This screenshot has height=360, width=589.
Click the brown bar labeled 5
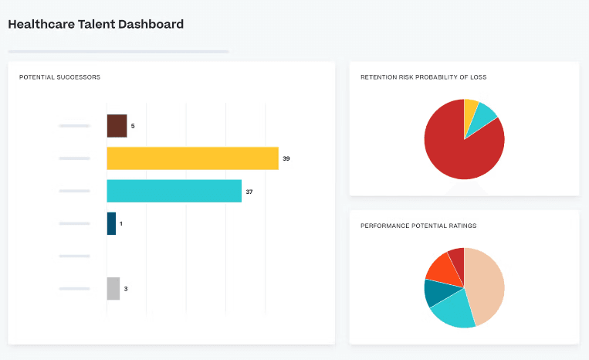117,126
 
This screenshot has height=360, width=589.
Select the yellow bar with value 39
192,158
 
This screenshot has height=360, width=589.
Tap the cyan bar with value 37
174,191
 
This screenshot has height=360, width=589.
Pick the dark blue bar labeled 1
111,223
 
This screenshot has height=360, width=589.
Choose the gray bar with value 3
113,288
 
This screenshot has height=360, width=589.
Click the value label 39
286,158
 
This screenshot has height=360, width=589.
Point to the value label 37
271,191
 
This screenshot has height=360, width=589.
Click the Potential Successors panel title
59,77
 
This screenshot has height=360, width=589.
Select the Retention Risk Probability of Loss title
423,77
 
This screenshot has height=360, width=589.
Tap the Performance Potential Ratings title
418,226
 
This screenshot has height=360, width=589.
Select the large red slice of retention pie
459,151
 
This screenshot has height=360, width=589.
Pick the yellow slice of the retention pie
470,109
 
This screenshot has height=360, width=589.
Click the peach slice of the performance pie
486,286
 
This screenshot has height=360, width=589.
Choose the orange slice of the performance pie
442,267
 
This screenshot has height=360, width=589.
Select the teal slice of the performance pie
434,292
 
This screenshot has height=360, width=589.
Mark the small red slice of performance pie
457,259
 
